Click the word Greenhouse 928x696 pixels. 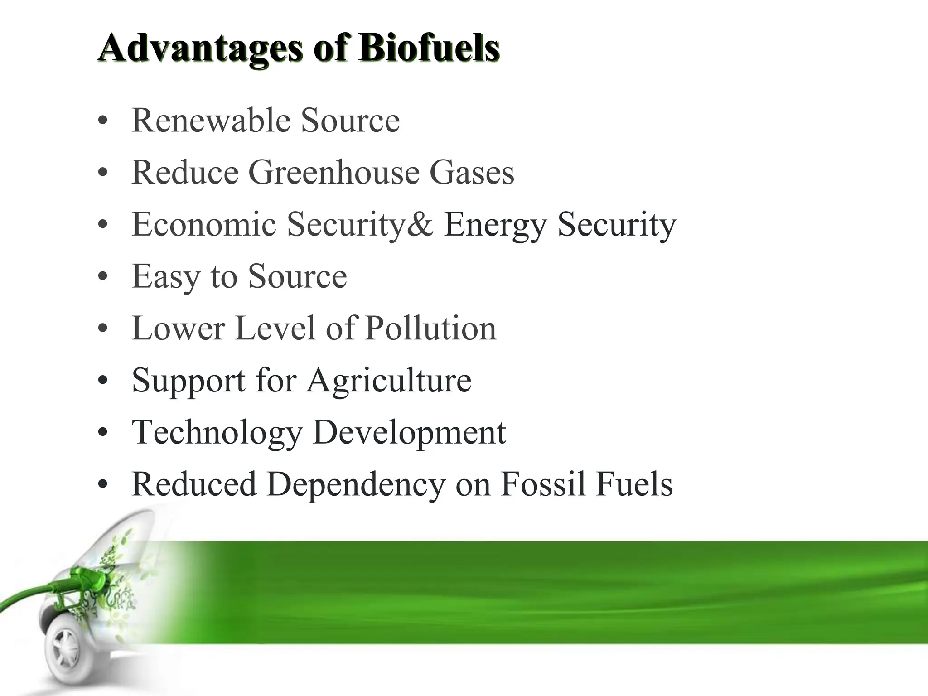pos(333,173)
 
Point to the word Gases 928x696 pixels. pos(471,173)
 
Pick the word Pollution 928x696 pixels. pos(430,328)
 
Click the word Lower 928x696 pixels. pos(178,328)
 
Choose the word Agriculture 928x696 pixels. pos(389,381)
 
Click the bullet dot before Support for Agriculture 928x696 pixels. pos(103,381)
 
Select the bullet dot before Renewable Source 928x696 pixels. pos(103,121)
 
